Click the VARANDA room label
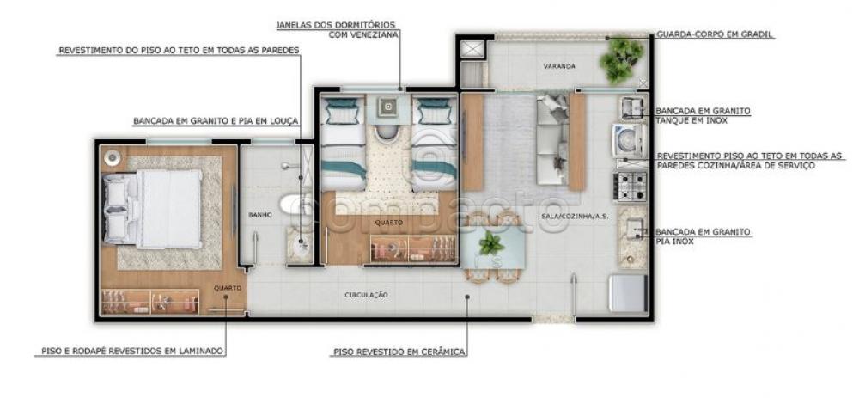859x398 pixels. tap(559, 66)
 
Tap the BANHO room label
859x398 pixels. tap(259, 216)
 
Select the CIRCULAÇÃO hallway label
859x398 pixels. tap(367, 295)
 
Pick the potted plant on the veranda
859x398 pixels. tap(621, 59)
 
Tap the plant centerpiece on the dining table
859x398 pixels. tap(490, 243)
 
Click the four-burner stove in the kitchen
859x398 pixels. tap(632, 187)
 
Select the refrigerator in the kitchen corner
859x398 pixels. tap(629, 293)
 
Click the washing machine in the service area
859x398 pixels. tap(629, 140)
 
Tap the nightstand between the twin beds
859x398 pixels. tap(388, 107)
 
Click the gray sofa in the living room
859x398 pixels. tap(551, 140)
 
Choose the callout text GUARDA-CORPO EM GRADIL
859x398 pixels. tap(715, 34)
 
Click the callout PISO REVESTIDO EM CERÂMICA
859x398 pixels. tap(399, 352)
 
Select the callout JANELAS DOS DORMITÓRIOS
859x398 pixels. tap(335, 25)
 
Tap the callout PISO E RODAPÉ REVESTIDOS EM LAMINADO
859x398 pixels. tap(132, 351)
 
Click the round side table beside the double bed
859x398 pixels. tap(113, 157)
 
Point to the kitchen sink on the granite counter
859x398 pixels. tap(634, 228)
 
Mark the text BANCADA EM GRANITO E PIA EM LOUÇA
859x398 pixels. tap(216, 121)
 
